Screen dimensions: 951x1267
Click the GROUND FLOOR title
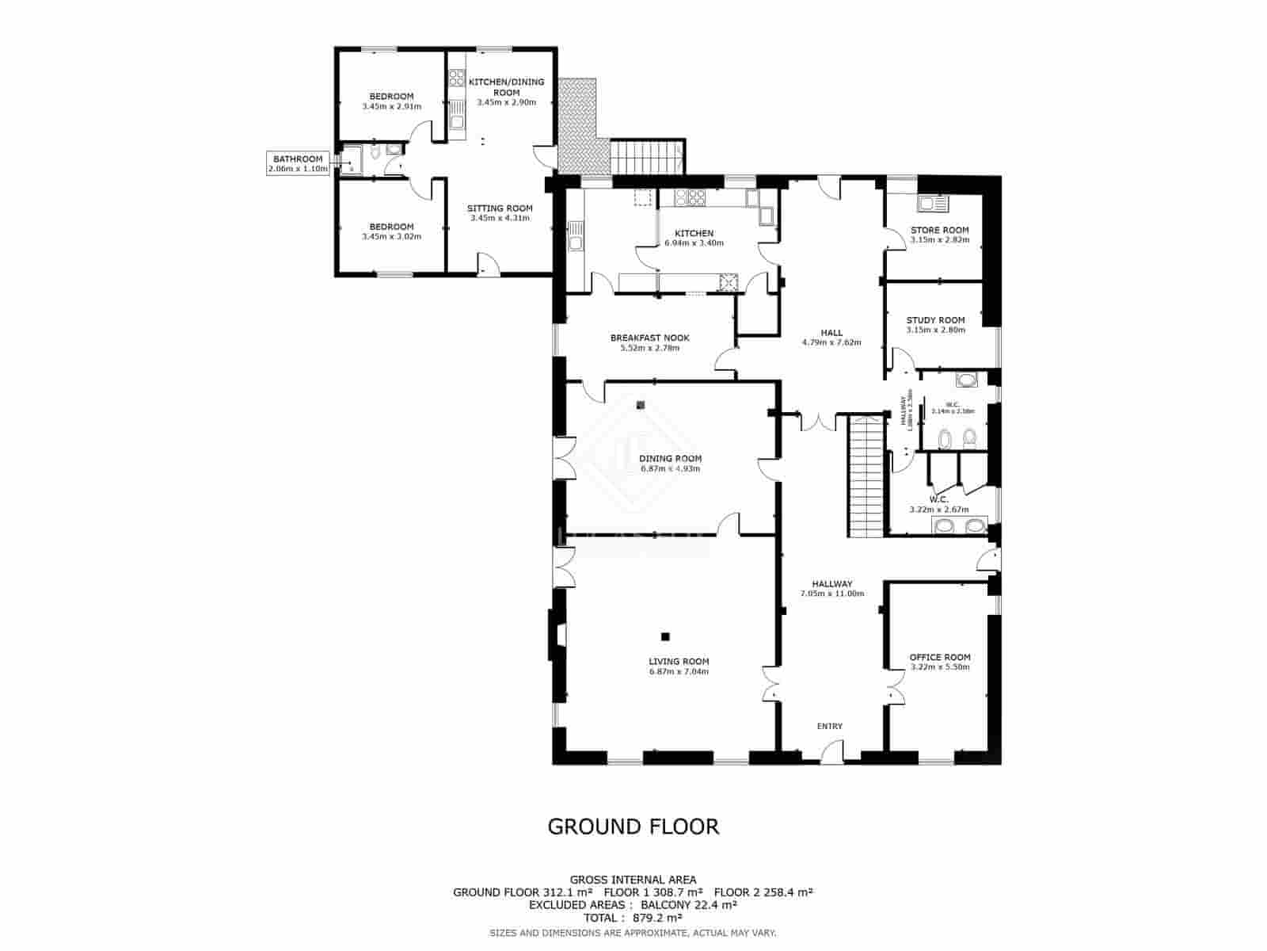click(633, 827)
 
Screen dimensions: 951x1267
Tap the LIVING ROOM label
click(679, 661)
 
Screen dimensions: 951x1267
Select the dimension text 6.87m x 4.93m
click(671, 469)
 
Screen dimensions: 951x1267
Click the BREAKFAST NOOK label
click(649, 338)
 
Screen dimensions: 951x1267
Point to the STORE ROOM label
click(940, 230)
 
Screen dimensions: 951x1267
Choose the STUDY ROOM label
click(935, 320)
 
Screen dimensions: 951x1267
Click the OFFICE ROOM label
click(939, 657)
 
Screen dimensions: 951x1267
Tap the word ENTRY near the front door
click(830, 726)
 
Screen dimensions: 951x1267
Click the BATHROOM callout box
click(298, 163)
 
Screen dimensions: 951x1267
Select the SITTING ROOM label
click(500, 208)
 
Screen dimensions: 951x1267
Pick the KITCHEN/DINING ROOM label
click(507, 86)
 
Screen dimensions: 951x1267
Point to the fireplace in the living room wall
click(557, 635)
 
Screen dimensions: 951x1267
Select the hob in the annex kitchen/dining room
click(457, 78)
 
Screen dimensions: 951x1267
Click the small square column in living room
click(665, 636)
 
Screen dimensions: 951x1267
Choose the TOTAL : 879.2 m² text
click(633, 918)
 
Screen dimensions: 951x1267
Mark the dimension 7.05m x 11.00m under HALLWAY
click(831, 594)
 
